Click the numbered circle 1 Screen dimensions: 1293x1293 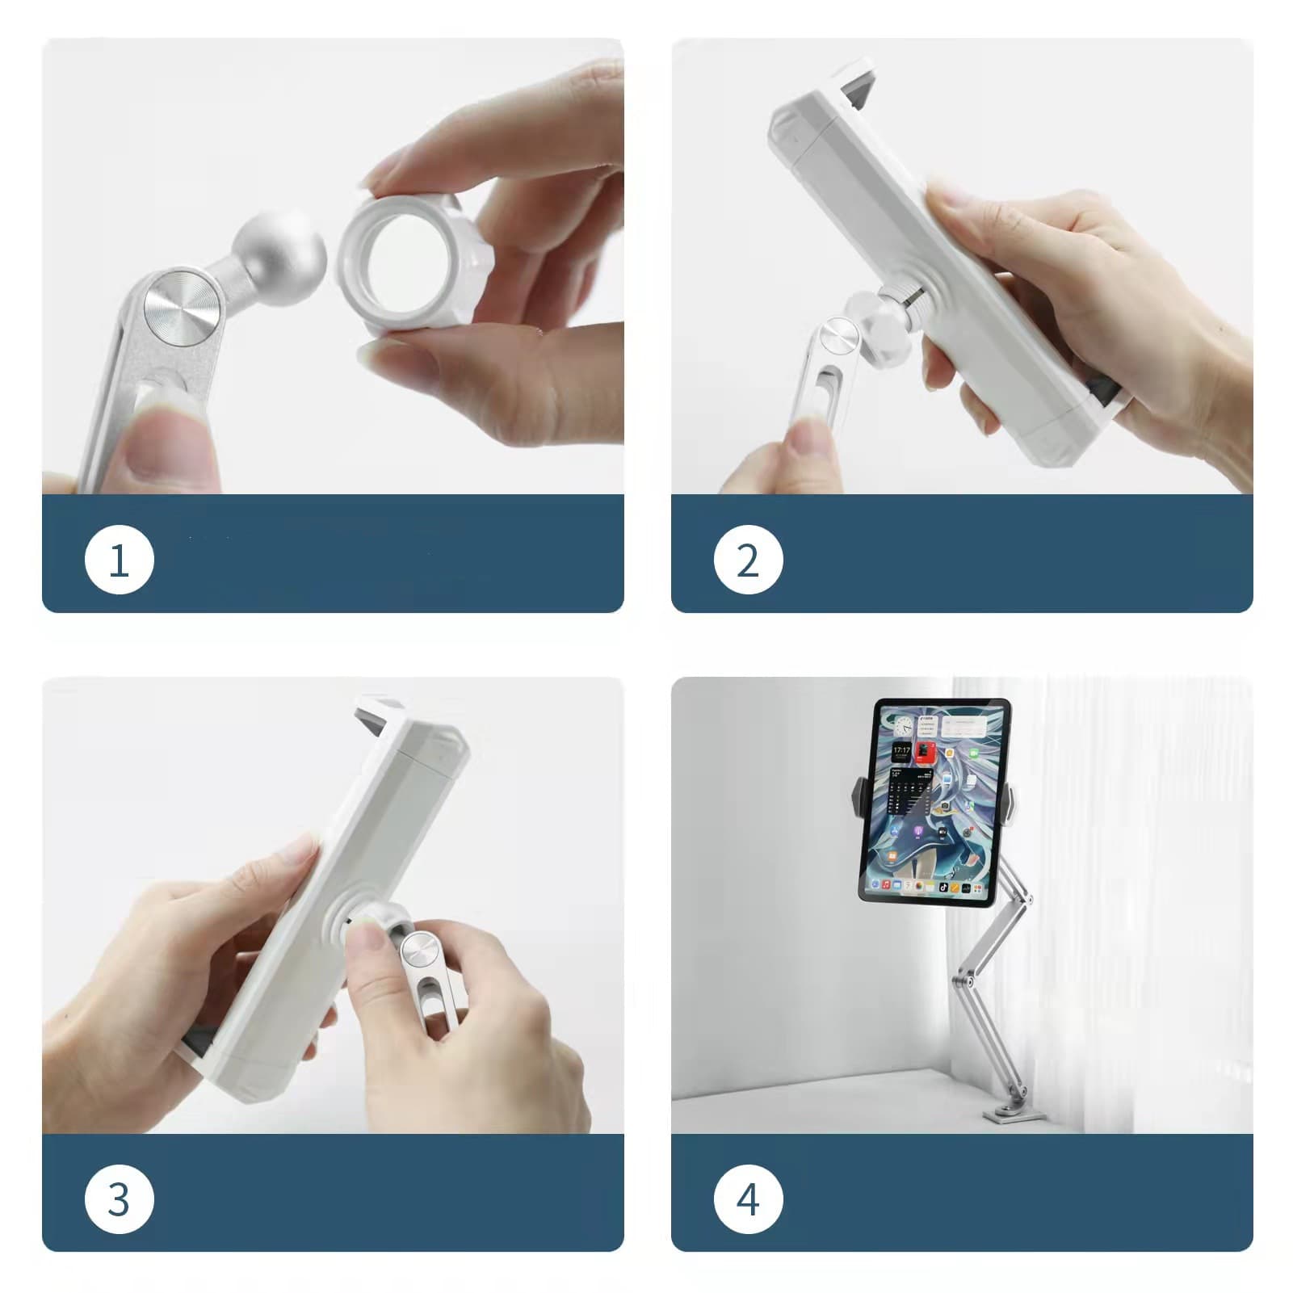pos(119,560)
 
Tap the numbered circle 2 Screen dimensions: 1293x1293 pos(748,560)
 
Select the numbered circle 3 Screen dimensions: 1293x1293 pos(119,1199)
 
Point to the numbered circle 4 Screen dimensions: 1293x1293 pos(748,1199)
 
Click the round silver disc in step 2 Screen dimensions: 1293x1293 pos(838,338)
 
